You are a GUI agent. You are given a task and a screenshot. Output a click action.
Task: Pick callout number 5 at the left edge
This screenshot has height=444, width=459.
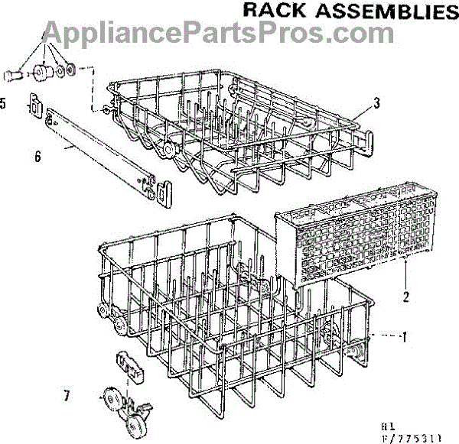click(x=5, y=103)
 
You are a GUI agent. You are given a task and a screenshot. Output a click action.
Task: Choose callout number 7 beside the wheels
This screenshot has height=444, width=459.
click(x=67, y=396)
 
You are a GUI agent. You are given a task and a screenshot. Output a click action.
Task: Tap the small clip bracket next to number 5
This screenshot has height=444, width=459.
click(x=33, y=105)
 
